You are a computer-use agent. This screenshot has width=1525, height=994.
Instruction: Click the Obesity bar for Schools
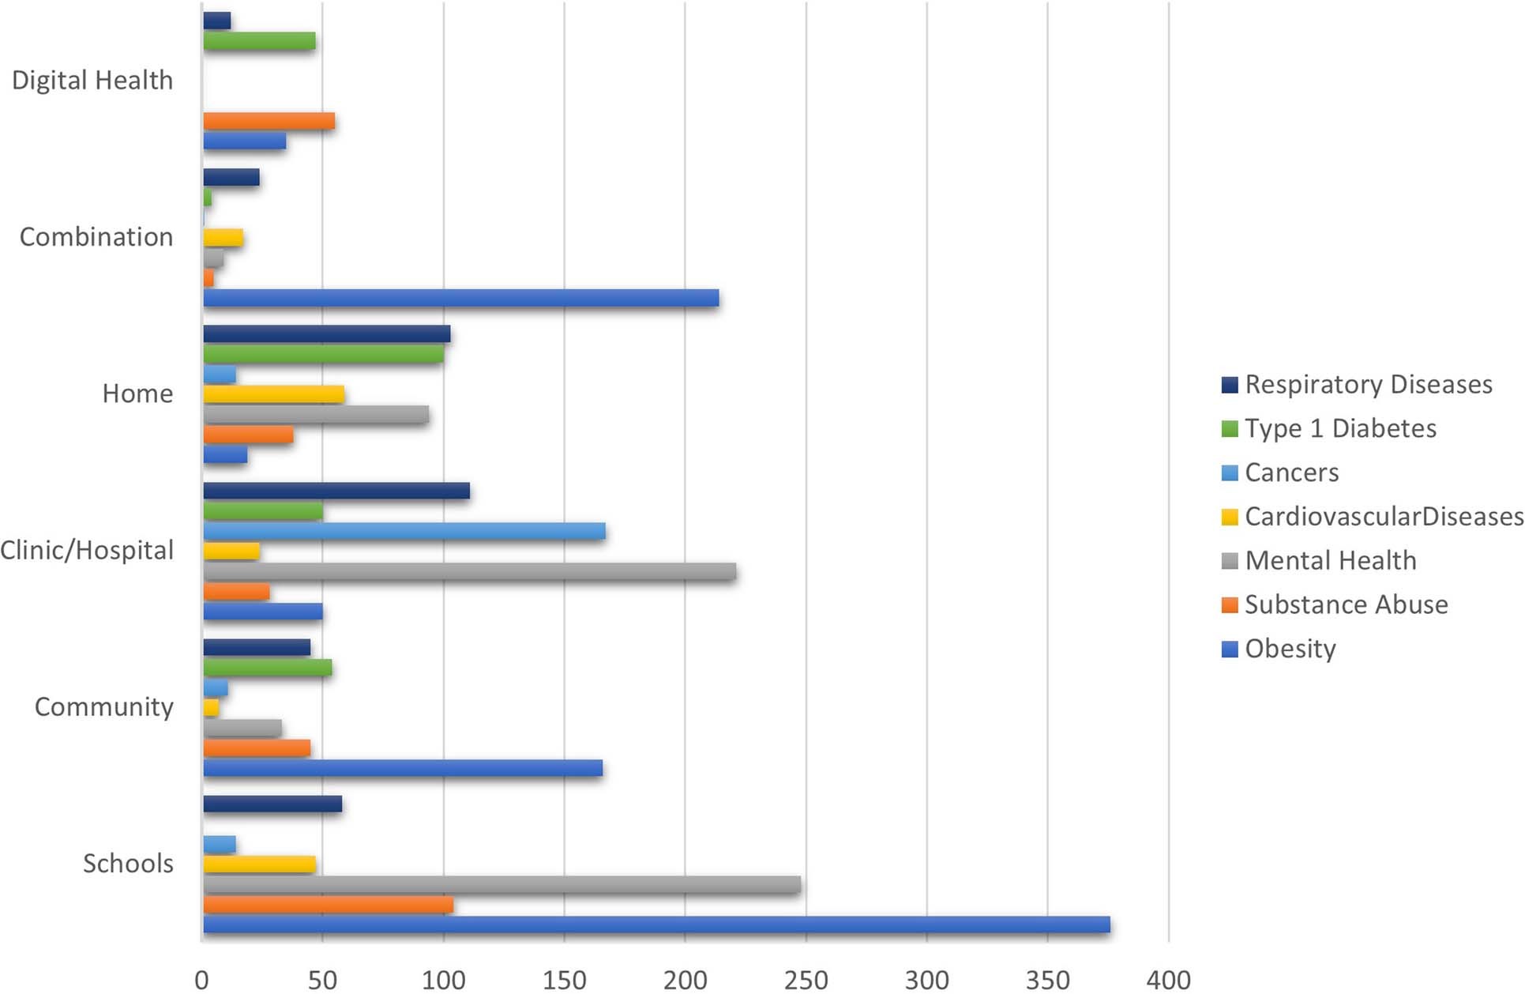coord(655,924)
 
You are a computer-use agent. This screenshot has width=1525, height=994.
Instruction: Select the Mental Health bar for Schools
coord(501,884)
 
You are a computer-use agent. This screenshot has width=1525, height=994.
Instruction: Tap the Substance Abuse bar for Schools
coord(328,905)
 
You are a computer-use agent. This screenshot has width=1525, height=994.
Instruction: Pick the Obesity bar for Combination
coord(460,298)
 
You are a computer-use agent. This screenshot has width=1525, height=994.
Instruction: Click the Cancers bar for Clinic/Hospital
coord(404,531)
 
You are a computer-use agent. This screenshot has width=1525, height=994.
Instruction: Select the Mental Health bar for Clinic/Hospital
coord(469,571)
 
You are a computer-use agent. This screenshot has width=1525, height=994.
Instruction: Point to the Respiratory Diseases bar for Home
coord(326,333)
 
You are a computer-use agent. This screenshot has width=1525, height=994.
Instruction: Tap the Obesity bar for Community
coord(403,768)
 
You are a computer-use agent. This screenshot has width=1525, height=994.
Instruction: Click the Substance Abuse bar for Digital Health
coord(269,121)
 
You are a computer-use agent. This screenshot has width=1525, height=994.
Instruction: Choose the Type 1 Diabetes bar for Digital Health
coord(259,41)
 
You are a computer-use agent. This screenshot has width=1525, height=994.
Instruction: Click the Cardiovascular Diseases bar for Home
coord(273,393)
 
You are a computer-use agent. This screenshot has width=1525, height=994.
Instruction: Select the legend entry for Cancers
coord(1290,473)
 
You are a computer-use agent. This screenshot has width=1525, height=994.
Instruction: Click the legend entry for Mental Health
coord(1330,561)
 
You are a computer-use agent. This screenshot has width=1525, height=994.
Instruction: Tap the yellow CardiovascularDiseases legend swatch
coord(1230,518)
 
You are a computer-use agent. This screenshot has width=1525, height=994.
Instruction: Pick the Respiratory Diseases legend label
coord(1368,385)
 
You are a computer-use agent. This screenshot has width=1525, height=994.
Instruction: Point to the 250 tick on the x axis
coord(806,980)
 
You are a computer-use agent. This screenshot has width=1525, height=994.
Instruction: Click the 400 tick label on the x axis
coord(1168,980)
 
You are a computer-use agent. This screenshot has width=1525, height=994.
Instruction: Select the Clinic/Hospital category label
coord(87,551)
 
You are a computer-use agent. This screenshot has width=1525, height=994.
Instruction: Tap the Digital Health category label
coord(92,81)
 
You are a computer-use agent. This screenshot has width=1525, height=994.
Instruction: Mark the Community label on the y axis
coord(103,707)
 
